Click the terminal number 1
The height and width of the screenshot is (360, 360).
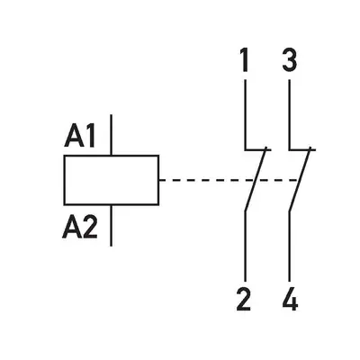pos(245,60)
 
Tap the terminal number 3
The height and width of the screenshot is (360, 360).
pos(290,60)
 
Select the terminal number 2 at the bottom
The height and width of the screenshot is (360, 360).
pos(243,299)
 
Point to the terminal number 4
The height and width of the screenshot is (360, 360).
pos(290,299)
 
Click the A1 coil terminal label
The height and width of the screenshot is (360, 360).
pos(80,137)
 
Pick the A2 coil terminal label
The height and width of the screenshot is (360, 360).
pos(80,228)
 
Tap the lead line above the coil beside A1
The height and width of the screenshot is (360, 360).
pos(112,135)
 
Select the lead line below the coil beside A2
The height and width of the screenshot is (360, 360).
pos(112,226)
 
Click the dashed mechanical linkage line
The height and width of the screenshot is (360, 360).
pos(228,180)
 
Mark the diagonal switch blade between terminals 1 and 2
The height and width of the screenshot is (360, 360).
pos(256,179)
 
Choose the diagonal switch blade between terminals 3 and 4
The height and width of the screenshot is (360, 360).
pos(301,179)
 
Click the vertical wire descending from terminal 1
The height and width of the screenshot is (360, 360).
pos(246,114)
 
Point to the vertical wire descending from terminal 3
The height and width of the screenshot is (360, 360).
pos(290,114)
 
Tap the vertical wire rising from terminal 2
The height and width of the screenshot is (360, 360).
pos(246,246)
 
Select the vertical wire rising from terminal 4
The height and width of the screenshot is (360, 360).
pos(290,246)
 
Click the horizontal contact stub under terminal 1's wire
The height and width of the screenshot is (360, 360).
pos(258,149)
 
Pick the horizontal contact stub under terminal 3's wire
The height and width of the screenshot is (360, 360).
pos(302,149)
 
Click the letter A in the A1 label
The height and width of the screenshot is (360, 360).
pos(74,137)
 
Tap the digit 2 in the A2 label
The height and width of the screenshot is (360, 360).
pos(90,228)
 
